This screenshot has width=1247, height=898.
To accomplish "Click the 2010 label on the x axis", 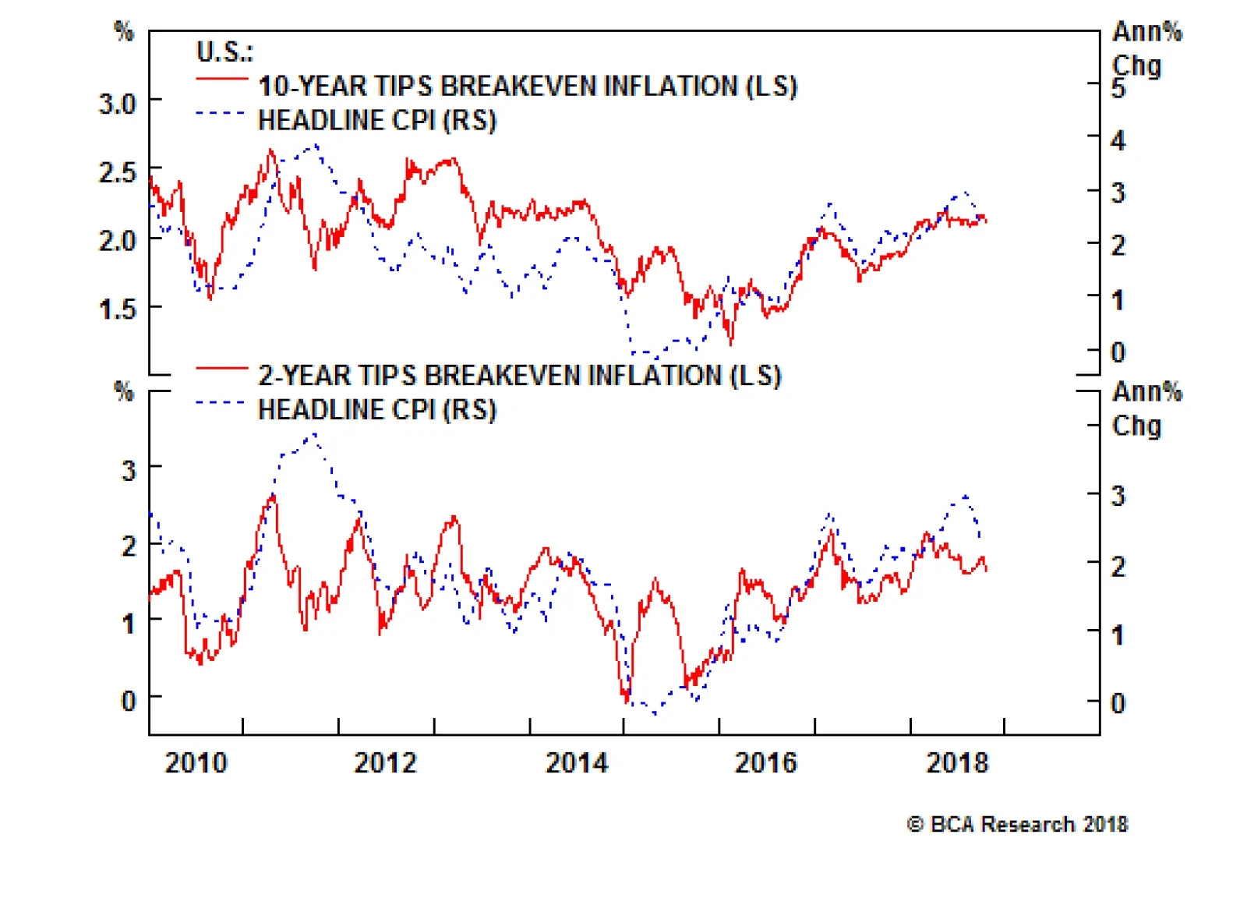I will pos(196,762).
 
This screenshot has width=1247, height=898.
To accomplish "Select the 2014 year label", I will pos(577,762).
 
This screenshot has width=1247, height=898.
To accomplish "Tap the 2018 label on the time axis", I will pos(957,762).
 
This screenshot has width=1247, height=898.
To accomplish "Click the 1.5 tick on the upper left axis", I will pos(117,309).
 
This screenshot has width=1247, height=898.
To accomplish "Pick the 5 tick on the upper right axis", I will pos(1118,89).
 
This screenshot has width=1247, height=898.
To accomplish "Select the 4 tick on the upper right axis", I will pos(1118,141).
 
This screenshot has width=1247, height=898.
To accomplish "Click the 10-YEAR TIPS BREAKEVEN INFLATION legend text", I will pos(528,86).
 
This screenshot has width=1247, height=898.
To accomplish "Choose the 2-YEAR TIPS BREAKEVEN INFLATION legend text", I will pos(519,376).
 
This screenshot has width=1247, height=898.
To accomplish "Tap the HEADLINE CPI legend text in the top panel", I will pos(377,121).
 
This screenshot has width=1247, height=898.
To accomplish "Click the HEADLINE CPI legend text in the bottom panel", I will pos(377,410).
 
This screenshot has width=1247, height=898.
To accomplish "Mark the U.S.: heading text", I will pos(224,52).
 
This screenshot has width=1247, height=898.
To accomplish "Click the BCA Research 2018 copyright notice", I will pos(1018,824).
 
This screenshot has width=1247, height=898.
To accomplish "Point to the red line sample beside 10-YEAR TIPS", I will pos(221,80).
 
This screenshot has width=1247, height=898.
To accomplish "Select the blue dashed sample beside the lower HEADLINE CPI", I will pos(221,403).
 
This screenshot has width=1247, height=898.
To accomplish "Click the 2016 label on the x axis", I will pos(766,762).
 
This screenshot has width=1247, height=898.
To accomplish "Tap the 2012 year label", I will pos(386,762).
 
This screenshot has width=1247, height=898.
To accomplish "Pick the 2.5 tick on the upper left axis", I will pos(117,171).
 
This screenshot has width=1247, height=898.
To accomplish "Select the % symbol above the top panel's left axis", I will pos(124,31).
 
